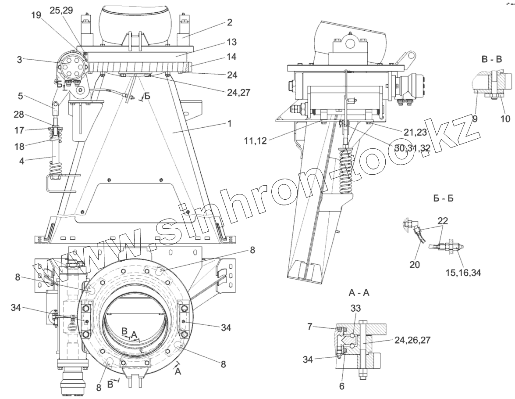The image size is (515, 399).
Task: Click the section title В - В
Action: pyautogui.click(x=492, y=59)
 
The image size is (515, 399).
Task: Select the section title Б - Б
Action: pyautogui.click(x=443, y=199)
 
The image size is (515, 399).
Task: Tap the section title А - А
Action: pyautogui.click(x=359, y=292)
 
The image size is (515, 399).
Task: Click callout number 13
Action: pyautogui.click(x=231, y=42)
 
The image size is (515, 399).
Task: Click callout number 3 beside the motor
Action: pyautogui.click(x=20, y=60)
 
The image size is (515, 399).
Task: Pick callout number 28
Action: pyautogui.click(x=18, y=115)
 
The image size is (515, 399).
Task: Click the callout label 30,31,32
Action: pyautogui.click(x=412, y=148)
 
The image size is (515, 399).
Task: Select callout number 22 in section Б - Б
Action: pyautogui.click(x=442, y=221)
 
